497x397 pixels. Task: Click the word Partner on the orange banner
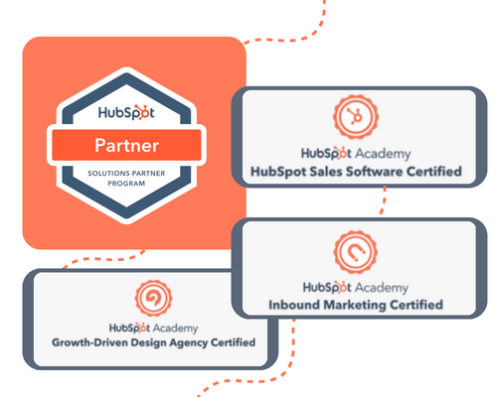point(126,146)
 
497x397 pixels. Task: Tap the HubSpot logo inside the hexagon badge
point(126,112)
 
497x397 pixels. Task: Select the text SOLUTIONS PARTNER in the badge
point(126,173)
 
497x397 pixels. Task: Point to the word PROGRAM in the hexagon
point(126,184)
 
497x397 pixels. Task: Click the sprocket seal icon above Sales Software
point(356,117)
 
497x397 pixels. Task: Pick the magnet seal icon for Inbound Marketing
point(356,252)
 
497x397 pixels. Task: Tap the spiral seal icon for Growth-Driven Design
point(153,298)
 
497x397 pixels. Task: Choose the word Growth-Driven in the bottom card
point(89,342)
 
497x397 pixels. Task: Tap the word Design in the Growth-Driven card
point(148,342)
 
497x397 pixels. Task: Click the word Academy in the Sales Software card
point(383,154)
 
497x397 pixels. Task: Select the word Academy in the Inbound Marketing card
point(382,288)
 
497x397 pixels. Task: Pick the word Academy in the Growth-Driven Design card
point(175,329)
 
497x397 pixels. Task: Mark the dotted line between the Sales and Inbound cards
point(384,200)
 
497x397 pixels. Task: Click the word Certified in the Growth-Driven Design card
point(233,342)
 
